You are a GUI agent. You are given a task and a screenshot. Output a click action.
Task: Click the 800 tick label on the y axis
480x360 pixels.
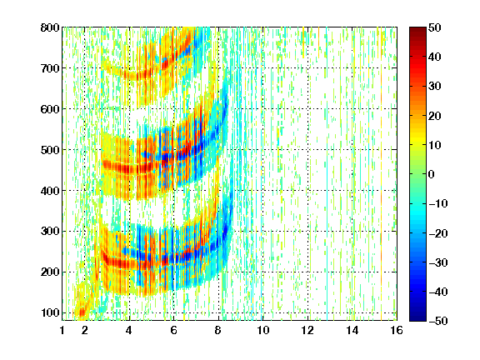[50, 27]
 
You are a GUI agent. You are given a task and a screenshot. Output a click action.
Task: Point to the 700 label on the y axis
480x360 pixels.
[50, 68]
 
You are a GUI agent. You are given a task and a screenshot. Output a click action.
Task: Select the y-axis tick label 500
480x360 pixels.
[50, 150]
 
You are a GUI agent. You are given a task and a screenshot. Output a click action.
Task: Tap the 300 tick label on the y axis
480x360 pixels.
[50, 232]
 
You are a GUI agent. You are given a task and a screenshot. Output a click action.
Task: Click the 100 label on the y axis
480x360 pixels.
[50, 313]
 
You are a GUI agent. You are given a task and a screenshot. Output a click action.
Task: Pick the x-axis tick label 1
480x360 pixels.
[62, 330]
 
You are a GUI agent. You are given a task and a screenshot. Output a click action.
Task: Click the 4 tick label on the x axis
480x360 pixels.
[129, 330]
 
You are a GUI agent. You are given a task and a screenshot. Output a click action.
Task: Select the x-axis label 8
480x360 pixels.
[218, 330]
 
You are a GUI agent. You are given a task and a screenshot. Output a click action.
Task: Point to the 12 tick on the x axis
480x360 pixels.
[307, 330]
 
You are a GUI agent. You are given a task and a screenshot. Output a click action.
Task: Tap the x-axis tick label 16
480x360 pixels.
[397, 330]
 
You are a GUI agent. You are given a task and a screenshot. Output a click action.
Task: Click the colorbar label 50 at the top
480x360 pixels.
[435, 27]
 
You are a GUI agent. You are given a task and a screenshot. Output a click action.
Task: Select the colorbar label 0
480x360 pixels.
[432, 174]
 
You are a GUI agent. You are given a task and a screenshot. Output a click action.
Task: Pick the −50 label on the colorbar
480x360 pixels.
[438, 321]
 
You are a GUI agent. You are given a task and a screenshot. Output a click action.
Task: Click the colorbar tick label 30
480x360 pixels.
[435, 87]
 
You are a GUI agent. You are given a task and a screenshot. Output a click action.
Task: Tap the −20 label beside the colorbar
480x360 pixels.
[438, 233]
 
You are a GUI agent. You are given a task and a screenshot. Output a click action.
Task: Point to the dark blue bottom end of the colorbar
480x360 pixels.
[417, 318]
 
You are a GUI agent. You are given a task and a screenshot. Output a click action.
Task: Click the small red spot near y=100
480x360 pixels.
[82, 312]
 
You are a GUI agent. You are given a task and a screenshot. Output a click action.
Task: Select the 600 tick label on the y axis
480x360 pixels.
[50, 109]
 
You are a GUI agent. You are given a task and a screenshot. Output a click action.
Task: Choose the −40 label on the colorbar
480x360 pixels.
[438, 292]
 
